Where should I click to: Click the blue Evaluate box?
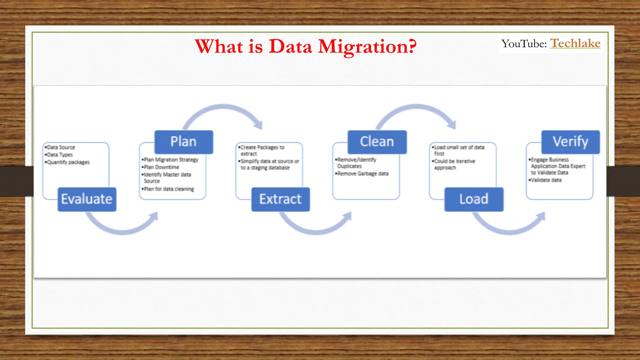coord(87,199)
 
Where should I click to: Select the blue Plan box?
coord(184,142)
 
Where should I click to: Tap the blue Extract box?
coord(280,199)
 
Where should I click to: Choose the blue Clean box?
coord(377,142)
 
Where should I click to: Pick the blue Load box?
coord(474,199)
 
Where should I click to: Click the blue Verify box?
coord(571,142)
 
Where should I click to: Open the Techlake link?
coord(575,43)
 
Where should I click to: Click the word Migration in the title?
coord(367,47)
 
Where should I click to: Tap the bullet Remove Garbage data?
coord(363,174)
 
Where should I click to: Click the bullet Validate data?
coord(546,180)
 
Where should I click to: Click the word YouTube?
coord(524,44)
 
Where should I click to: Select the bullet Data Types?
coord(60,155)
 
